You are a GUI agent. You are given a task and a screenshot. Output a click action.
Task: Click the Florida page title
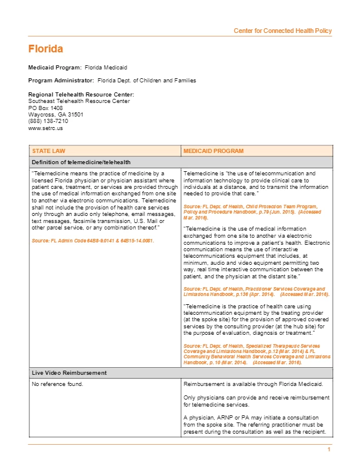coord(45,49)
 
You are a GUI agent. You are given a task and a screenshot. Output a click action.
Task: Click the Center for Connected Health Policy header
coord(282,31)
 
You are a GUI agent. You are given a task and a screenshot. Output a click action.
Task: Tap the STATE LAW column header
coord(49,151)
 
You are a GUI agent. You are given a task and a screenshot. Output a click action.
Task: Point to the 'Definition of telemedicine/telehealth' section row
coord(81,162)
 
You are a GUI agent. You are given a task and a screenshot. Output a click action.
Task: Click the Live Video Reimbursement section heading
coord(69,373)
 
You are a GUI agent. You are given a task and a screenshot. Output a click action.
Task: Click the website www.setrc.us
coord(45,128)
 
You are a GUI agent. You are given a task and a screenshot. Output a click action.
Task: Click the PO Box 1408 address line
coord(45,108)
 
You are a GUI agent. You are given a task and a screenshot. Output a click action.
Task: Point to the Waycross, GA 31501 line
coord(55,115)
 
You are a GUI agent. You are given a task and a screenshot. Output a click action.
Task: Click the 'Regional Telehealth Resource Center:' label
coord(81,95)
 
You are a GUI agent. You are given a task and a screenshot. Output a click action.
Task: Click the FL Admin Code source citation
coord(93,241)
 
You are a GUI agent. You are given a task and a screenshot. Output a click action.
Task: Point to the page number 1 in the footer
coord(329,450)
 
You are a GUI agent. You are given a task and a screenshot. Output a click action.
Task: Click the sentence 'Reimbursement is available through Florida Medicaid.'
coord(256,384)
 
